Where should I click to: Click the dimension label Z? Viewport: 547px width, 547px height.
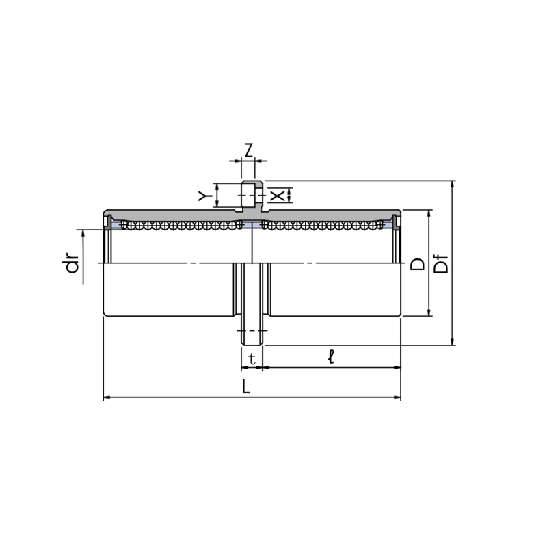248,150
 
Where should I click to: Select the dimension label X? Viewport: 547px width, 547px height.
278,196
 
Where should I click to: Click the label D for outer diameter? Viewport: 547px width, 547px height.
418,264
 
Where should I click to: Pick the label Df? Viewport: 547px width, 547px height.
441,264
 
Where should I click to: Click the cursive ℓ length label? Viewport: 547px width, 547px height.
331,357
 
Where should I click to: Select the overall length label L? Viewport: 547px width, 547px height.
246,386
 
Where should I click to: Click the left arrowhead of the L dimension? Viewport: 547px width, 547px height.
107,397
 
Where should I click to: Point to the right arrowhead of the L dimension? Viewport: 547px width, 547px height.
397,397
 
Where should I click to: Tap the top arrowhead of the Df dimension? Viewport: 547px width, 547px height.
453,185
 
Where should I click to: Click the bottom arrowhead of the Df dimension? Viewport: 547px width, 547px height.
453,341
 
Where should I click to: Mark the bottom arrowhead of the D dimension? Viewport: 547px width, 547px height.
429,312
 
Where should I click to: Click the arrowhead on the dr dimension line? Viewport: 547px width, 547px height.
83,233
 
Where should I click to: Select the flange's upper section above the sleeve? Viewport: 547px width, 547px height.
252,196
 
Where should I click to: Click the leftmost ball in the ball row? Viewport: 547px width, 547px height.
124,225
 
